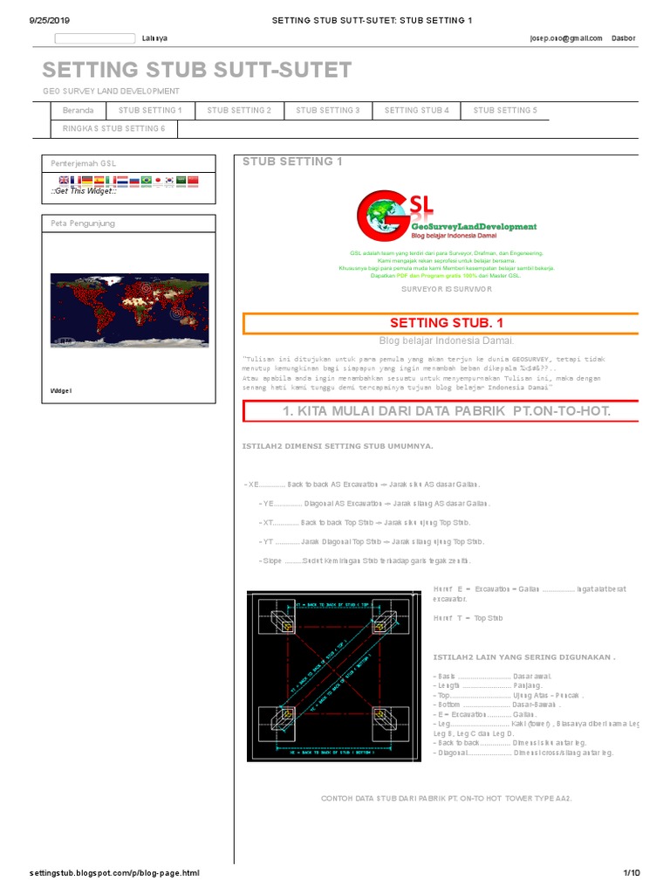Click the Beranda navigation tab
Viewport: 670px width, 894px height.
click(x=78, y=111)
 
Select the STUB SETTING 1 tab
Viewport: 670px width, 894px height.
click(x=150, y=111)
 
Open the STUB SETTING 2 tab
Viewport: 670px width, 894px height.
click(x=239, y=111)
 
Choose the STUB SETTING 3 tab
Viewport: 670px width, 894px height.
click(x=328, y=111)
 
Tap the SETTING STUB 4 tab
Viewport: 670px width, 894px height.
click(x=416, y=111)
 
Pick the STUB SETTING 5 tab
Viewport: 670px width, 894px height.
click(x=505, y=111)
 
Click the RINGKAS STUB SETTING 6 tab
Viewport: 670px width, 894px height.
click(x=113, y=129)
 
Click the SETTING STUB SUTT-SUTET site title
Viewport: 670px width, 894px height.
click(x=197, y=70)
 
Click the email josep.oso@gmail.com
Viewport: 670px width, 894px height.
click(x=565, y=38)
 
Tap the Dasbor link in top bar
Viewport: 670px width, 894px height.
click(x=624, y=38)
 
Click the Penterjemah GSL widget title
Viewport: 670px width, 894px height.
click(x=84, y=164)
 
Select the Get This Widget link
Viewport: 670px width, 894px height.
click(x=83, y=190)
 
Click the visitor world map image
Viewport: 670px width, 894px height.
click(x=129, y=299)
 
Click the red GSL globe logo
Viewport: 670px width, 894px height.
click(x=383, y=218)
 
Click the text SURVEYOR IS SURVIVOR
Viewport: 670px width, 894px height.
click(x=446, y=288)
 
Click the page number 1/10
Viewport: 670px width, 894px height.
click(x=631, y=873)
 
